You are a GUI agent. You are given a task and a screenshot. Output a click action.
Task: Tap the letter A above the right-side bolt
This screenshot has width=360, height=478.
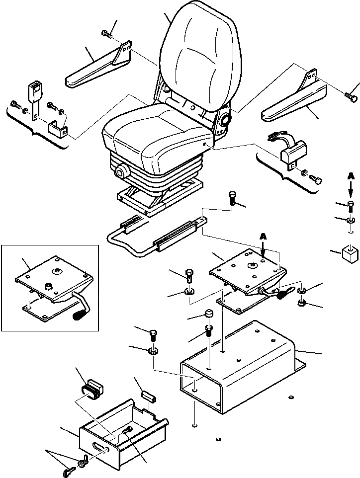pos(351,177)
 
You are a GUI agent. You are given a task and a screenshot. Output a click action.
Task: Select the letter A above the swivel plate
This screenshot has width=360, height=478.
pos(263,238)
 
